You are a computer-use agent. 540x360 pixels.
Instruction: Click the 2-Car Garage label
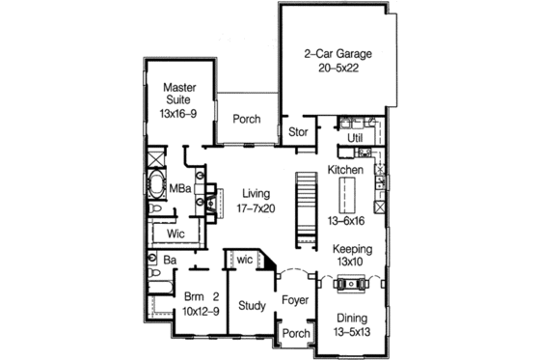tap(337, 53)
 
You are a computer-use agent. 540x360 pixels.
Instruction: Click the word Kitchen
tap(345, 170)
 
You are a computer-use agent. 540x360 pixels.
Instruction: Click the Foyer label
tap(294, 300)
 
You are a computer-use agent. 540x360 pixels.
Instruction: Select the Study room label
tap(252, 307)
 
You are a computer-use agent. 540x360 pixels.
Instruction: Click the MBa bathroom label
tap(179, 189)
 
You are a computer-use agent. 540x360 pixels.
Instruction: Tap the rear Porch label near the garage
tap(246, 119)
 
